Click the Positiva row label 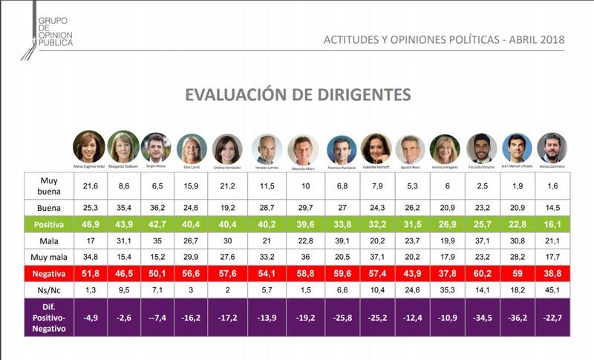[48, 223]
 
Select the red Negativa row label [48, 274]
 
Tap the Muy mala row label [48, 257]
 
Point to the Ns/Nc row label [48, 291]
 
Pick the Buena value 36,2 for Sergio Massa [156, 206]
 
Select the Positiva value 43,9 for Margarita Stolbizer [123, 223]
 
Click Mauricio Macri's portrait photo [302, 148]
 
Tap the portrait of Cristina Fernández [226, 148]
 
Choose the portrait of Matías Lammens [552, 148]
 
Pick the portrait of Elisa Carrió [192, 148]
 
